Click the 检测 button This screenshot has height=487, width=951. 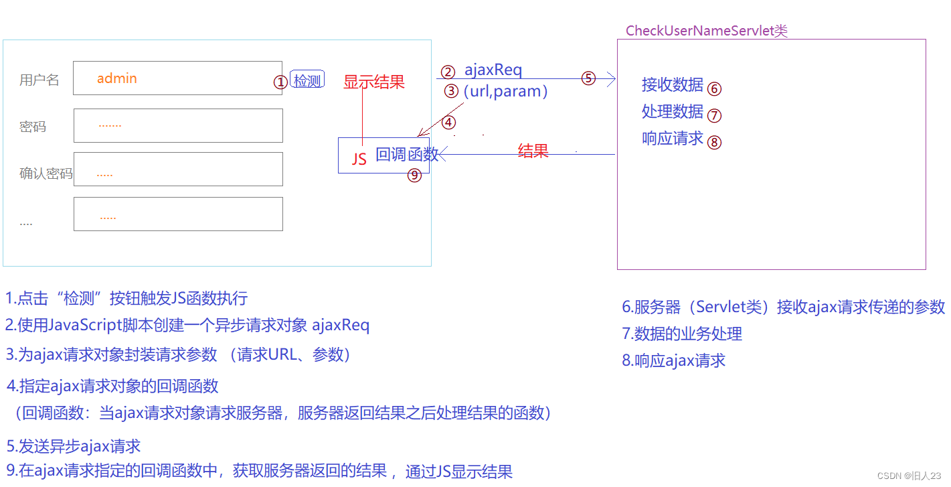tap(307, 80)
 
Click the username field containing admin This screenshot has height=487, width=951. tap(177, 78)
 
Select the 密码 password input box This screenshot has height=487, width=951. tap(178, 125)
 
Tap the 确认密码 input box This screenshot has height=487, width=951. tap(178, 169)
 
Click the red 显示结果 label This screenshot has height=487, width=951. tap(374, 82)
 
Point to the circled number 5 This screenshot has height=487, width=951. tap(588, 78)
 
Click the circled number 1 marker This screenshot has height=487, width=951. tap(280, 82)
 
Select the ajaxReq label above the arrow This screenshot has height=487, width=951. tap(493, 69)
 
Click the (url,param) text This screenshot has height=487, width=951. tap(505, 91)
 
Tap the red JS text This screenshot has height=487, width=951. tap(359, 159)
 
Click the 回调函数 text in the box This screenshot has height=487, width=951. tap(407, 155)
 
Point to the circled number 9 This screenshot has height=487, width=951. tap(415, 176)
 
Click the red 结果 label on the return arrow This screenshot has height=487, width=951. tap(533, 151)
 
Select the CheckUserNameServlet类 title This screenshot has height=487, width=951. tap(706, 31)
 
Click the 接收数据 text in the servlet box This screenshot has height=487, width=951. tap(672, 84)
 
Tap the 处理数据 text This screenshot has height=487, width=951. tap(672, 111)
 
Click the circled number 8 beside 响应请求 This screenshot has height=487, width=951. tap(715, 142)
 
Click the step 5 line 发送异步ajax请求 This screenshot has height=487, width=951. tap(74, 446)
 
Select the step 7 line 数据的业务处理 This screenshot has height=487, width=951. tap(682, 334)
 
